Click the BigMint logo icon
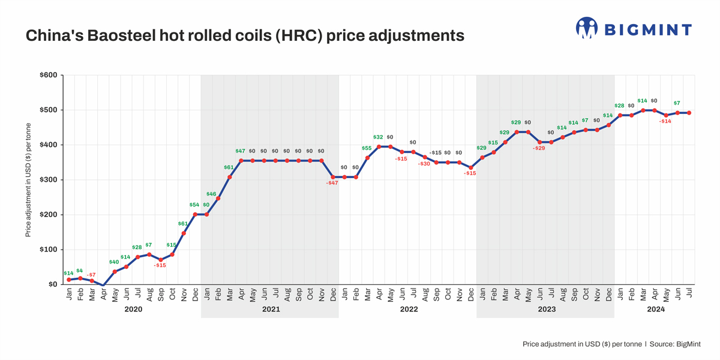point(587,28)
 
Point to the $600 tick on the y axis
point(49,76)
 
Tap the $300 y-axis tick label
point(49,180)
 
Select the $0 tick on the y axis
point(52,284)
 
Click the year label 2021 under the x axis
point(270,310)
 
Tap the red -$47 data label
point(332,182)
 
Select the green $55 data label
point(367,148)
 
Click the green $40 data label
point(114,262)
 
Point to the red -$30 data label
point(424,164)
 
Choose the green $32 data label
point(378,137)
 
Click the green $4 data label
point(80,271)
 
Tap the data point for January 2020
point(68,280)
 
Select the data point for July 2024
point(689,113)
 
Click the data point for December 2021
point(333,177)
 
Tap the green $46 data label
point(211,194)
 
